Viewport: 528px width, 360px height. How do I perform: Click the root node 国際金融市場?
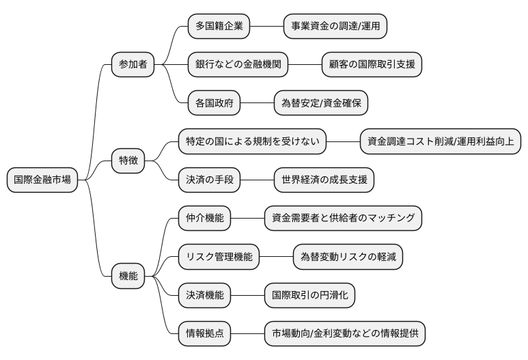(42, 180)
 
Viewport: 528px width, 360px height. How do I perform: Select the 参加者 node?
(133, 65)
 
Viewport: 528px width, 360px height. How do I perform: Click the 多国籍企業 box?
(218, 27)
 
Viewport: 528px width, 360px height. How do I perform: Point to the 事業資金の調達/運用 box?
(335, 27)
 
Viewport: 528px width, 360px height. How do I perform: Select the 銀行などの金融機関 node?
(237, 65)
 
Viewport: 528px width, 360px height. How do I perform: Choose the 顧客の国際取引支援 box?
(372, 65)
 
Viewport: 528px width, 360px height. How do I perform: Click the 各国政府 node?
(214, 103)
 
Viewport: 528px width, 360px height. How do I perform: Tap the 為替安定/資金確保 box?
(320, 103)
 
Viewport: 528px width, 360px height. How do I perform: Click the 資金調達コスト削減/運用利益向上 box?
(441, 142)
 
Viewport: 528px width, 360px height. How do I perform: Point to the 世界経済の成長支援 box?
(324, 180)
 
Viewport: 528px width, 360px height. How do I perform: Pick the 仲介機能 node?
(204, 219)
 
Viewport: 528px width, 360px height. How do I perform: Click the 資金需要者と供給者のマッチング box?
(344, 219)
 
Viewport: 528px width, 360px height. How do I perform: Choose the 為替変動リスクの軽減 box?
(348, 257)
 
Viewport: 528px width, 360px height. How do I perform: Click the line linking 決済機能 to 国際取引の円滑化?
(248, 296)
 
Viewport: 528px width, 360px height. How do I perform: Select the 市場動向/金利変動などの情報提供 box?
(344, 334)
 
